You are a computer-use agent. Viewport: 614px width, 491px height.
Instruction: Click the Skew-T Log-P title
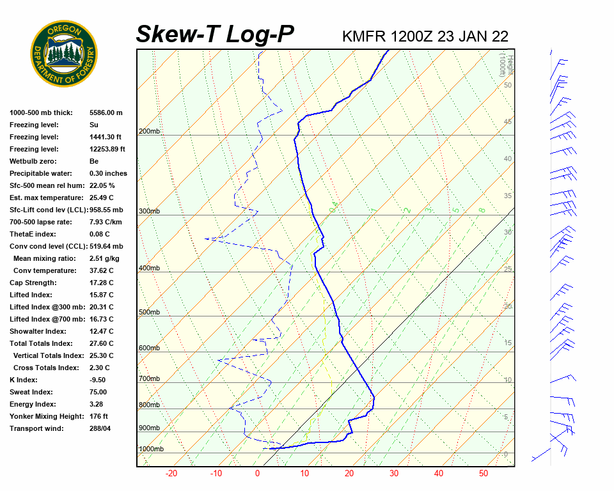click(x=215, y=35)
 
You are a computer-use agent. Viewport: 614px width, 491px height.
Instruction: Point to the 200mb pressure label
click(x=149, y=132)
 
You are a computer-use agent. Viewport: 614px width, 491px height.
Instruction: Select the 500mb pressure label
click(x=149, y=313)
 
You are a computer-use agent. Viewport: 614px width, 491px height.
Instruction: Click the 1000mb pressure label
click(x=151, y=449)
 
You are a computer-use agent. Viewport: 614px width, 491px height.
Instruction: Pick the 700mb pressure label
click(x=149, y=379)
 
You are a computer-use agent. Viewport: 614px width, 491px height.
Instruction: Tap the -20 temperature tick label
click(x=171, y=474)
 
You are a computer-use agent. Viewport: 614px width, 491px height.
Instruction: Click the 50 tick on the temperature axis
click(x=484, y=474)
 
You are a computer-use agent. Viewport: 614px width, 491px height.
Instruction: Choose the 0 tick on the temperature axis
click(x=257, y=474)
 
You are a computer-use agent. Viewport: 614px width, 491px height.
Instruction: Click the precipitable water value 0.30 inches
click(x=108, y=173)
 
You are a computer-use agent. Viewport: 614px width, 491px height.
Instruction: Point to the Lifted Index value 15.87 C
click(x=101, y=295)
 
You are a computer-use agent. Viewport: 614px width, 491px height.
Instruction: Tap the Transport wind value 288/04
click(x=100, y=428)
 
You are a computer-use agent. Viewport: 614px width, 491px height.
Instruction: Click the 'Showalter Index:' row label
click(x=38, y=331)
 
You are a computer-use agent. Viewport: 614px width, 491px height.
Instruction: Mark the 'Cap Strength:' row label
click(x=33, y=283)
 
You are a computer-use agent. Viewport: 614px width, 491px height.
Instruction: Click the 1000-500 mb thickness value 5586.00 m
click(x=106, y=113)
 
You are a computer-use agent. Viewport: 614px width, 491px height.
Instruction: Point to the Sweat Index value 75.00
click(x=98, y=392)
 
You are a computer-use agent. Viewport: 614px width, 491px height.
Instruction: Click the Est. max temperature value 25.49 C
click(x=101, y=198)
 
